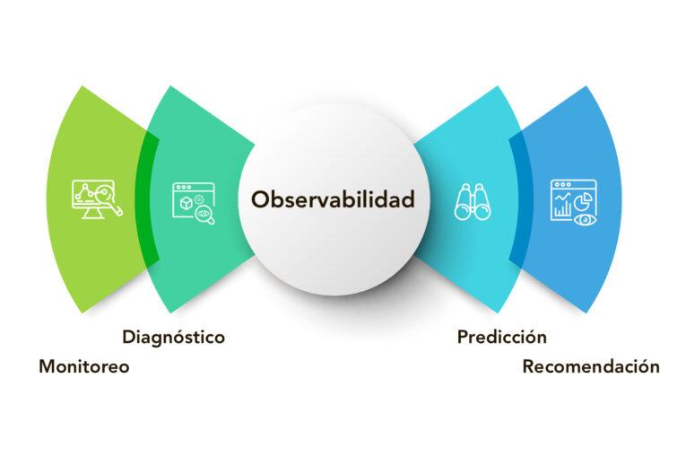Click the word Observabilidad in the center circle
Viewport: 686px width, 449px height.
333,199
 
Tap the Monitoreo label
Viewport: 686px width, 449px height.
84,366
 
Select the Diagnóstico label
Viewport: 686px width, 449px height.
173,338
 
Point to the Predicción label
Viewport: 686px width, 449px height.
501,338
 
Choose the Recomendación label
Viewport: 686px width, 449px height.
591,366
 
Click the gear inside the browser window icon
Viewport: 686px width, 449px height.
204,212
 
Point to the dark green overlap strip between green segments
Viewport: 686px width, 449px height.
148,199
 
